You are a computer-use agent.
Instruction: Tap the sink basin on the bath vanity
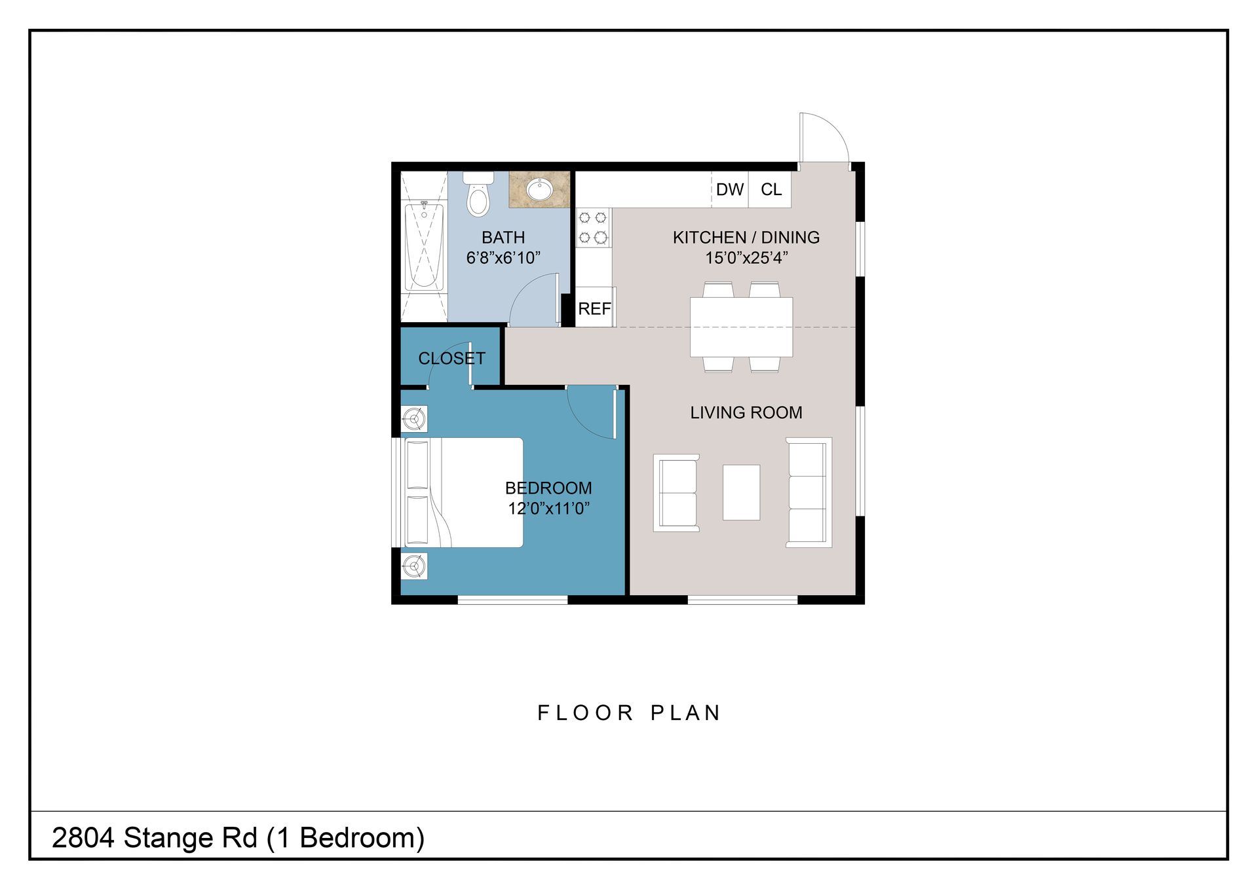tap(540, 190)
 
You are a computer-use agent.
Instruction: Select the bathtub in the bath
tap(424, 246)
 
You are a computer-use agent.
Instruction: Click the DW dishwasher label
tap(730, 189)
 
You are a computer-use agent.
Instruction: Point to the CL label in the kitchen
tap(771, 189)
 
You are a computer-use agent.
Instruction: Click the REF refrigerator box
tap(595, 307)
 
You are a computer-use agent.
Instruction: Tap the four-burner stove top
tap(593, 227)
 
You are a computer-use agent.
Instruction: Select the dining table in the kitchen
tap(741, 327)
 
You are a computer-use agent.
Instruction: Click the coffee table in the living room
tap(741, 492)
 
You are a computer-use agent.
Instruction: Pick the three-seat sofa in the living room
tap(809, 492)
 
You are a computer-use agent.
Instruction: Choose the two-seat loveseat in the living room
tap(676, 492)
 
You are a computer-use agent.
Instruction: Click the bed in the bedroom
tap(463, 492)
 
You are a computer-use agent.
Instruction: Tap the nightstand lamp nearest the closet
tap(414, 418)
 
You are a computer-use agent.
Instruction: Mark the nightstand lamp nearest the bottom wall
tap(414, 566)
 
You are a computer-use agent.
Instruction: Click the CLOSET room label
tap(451, 358)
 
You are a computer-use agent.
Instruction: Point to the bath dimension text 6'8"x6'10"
tap(503, 258)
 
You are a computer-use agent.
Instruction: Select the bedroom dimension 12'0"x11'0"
tap(549, 509)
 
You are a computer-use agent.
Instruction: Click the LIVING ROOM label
tap(746, 412)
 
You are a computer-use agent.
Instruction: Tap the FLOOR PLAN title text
tap(629, 712)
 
